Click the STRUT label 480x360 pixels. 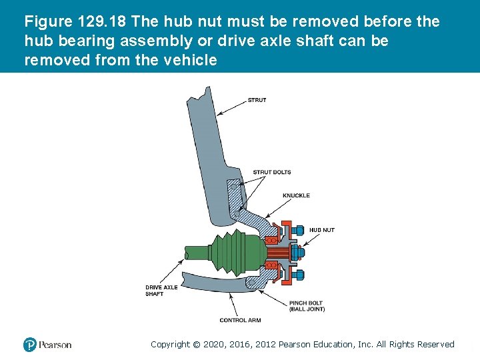[257, 100]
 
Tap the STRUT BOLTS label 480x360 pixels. [272, 172]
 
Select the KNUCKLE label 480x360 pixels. [296, 195]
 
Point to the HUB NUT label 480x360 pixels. [322, 230]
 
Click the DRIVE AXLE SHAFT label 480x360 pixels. [161, 291]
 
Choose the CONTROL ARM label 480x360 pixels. [240, 320]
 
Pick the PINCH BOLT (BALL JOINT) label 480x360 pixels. [307, 306]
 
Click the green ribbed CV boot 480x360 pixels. [237, 252]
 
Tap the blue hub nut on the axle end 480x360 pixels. [297, 252]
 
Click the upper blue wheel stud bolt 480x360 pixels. [297, 230]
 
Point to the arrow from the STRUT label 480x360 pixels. [232, 107]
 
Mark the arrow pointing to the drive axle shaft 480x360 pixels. [172, 271]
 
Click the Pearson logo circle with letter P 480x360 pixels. [30, 345]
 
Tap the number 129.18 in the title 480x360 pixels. [101, 21]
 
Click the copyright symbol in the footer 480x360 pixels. [196, 345]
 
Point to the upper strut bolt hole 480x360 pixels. [234, 187]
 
